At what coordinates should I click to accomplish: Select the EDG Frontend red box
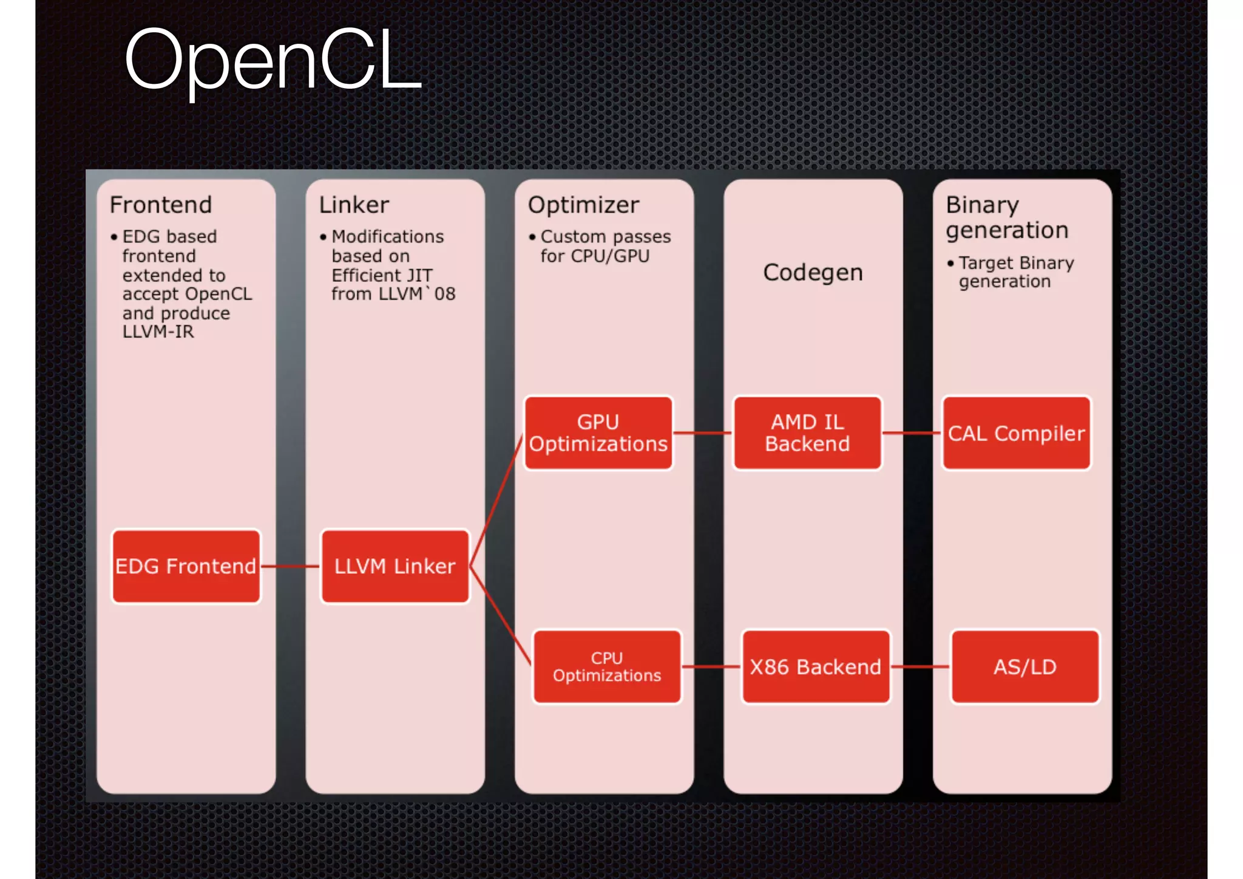186,566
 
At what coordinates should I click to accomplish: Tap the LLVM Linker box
395,566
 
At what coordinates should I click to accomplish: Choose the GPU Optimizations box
598,433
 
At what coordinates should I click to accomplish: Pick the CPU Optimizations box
607,666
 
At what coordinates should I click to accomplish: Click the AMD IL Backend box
807,433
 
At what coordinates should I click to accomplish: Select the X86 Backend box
816,666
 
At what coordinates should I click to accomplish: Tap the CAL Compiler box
1017,433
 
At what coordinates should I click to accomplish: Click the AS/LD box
1025,666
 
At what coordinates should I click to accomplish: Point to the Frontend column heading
161,205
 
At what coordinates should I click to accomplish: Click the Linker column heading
354,205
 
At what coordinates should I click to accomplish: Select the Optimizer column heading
583,205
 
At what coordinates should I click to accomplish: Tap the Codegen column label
813,273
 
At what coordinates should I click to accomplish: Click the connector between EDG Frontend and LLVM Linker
290,566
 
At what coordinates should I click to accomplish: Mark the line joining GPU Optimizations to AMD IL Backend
703,433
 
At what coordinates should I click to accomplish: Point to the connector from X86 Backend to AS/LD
920,666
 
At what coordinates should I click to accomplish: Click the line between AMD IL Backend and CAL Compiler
912,433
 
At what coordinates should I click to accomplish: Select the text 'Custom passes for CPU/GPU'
605,246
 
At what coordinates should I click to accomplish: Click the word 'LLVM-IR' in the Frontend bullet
158,332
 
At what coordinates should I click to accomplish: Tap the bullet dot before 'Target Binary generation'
950,263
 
